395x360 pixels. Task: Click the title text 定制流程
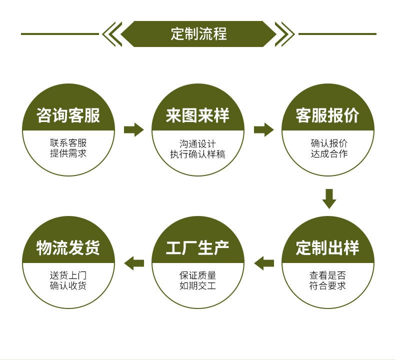click(x=198, y=34)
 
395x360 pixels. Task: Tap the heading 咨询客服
click(x=68, y=116)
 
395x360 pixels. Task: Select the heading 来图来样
click(x=197, y=116)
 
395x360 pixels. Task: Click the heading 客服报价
click(x=327, y=116)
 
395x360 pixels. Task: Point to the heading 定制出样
click(x=327, y=247)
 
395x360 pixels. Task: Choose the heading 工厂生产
click(x=197, y=247)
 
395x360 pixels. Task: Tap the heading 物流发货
click(x=68, y=247)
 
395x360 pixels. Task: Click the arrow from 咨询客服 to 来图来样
click(x=133, y=130)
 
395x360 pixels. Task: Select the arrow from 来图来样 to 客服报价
click(x=263, y=130)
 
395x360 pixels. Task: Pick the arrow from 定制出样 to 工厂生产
click(x=263, y=262)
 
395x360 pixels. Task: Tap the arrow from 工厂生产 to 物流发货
click(x=133, y=262)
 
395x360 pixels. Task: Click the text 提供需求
click(x=68, y=153)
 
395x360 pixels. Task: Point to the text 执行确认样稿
click(x=197, y=153)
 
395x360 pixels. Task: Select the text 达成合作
click(x=328, y=153)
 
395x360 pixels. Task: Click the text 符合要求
click(x=327, y=286)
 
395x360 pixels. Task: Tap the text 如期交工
click(x=197, y=286)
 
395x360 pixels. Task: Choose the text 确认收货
click(x=68, y=286)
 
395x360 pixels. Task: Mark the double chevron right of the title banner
click(x=284, y=34)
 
